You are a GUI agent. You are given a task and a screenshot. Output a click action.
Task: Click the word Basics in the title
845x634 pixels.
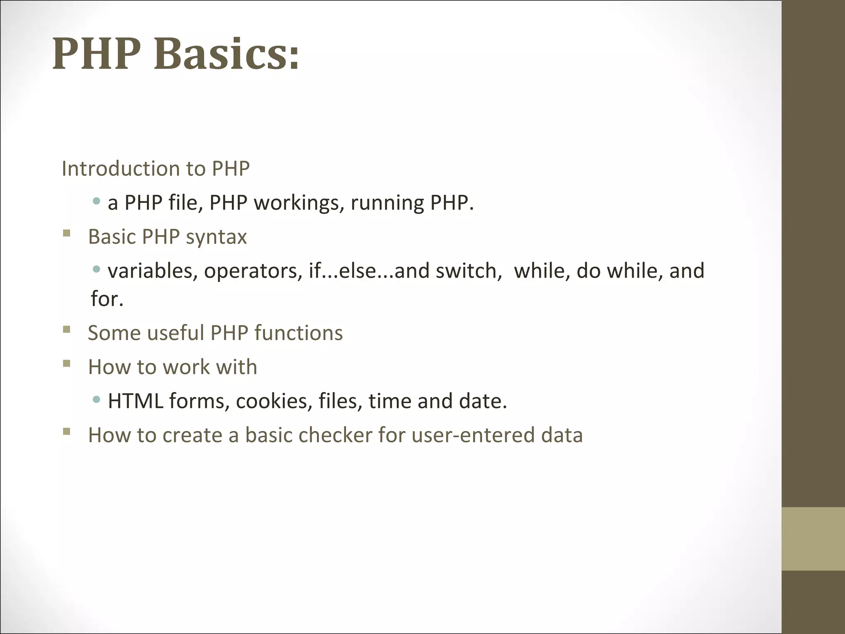[x=227, y=54]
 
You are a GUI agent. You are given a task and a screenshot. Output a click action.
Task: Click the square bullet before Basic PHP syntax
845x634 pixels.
[x=67, y=233]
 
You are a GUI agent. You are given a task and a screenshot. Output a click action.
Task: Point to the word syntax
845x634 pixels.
[x=216, y=237]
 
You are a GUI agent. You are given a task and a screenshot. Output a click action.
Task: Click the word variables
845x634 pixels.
[x=152, y=271]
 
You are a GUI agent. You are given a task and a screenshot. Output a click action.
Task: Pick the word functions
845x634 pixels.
[x=298, y=333]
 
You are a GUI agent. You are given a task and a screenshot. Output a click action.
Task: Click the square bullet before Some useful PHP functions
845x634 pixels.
[x=67, y=329]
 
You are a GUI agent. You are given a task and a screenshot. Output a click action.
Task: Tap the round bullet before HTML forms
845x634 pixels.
[x=97, y=399]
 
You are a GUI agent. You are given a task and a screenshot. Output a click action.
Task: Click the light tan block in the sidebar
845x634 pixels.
[x=813, y=539]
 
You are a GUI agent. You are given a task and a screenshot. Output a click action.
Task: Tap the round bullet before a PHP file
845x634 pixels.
[x=97, y=201]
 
